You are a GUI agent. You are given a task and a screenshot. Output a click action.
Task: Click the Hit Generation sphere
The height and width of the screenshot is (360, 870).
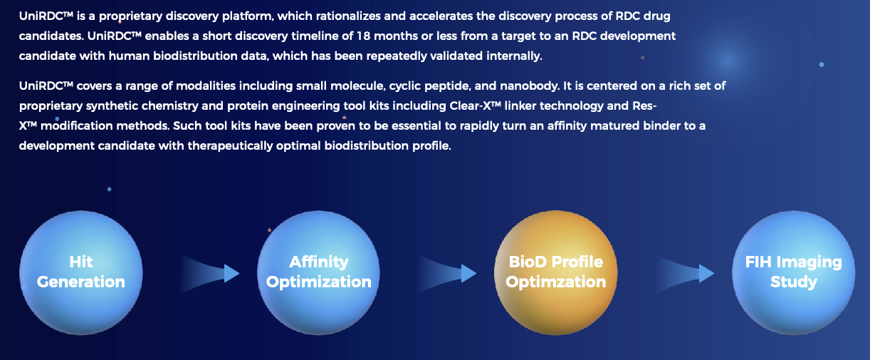tap(80, 272)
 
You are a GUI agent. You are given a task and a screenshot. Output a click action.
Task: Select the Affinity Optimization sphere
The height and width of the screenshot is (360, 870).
tap(318, 272)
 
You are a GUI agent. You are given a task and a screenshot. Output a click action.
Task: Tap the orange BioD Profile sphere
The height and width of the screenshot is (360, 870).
tap(556, 272)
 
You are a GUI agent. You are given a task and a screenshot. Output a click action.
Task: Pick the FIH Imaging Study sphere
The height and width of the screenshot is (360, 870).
tap(794, 272)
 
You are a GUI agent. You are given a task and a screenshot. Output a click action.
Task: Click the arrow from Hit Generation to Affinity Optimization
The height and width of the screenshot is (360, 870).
tap(209, 273)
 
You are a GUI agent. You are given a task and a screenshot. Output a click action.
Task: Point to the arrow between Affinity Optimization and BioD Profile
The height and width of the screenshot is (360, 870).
tap(446, 273)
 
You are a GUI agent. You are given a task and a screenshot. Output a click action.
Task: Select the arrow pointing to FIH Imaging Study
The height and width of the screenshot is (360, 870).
tap(684, 273)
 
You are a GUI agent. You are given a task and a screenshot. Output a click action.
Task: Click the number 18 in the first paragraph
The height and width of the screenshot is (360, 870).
tap(364, 36)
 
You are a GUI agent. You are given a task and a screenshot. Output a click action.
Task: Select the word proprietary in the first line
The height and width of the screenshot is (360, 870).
tap(130, 16)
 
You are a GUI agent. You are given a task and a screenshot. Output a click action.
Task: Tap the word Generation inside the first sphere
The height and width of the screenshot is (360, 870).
tap(80, 282)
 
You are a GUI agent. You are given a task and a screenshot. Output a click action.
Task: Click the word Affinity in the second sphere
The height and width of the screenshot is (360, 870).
tap(318, 262)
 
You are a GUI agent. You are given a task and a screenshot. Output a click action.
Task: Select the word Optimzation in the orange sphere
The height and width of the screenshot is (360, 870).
tap(556, 282)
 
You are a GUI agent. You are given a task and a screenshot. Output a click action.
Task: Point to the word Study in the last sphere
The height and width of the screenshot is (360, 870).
tap(794, 282)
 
